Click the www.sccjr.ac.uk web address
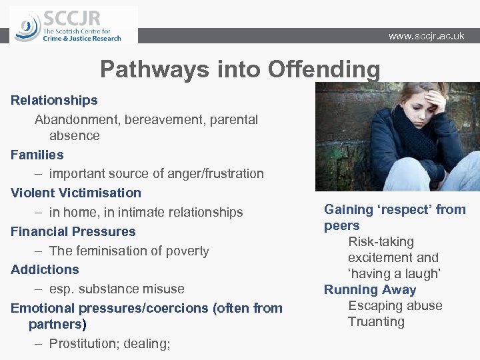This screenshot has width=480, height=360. tap(427, 36)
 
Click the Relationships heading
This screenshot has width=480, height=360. tap(54, 101)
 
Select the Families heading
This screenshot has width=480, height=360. tap(37, 155)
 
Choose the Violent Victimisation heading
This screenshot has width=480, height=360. tap(76, 193)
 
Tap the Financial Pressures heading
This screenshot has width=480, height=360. tap(73, 232)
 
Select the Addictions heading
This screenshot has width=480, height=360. tap(45, 270)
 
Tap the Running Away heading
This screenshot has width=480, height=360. tap(370, 290)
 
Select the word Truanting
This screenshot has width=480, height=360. tap(376, 322)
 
